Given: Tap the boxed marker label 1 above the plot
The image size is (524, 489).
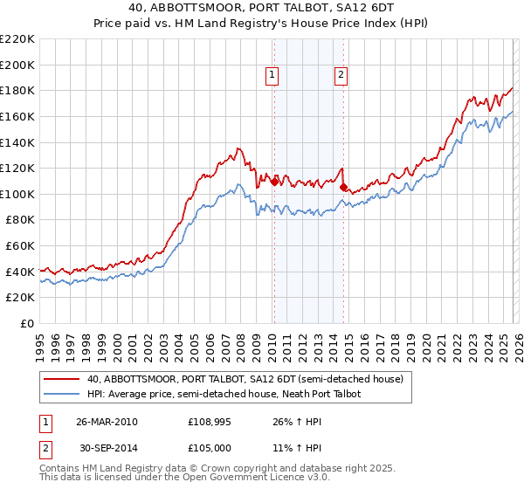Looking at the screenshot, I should tap(273, 75).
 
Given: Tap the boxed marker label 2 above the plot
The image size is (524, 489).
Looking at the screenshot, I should tap(340, 75).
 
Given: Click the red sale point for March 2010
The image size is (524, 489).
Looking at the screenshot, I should tap(274, 182).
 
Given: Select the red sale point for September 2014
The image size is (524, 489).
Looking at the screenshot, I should tap(343, 187).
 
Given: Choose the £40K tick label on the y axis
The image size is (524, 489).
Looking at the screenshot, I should tap(20, 272).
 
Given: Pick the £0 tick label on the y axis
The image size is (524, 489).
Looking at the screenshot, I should tap(26, 323).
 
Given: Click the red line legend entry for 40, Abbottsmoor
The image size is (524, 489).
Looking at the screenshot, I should tap(245, 379).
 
